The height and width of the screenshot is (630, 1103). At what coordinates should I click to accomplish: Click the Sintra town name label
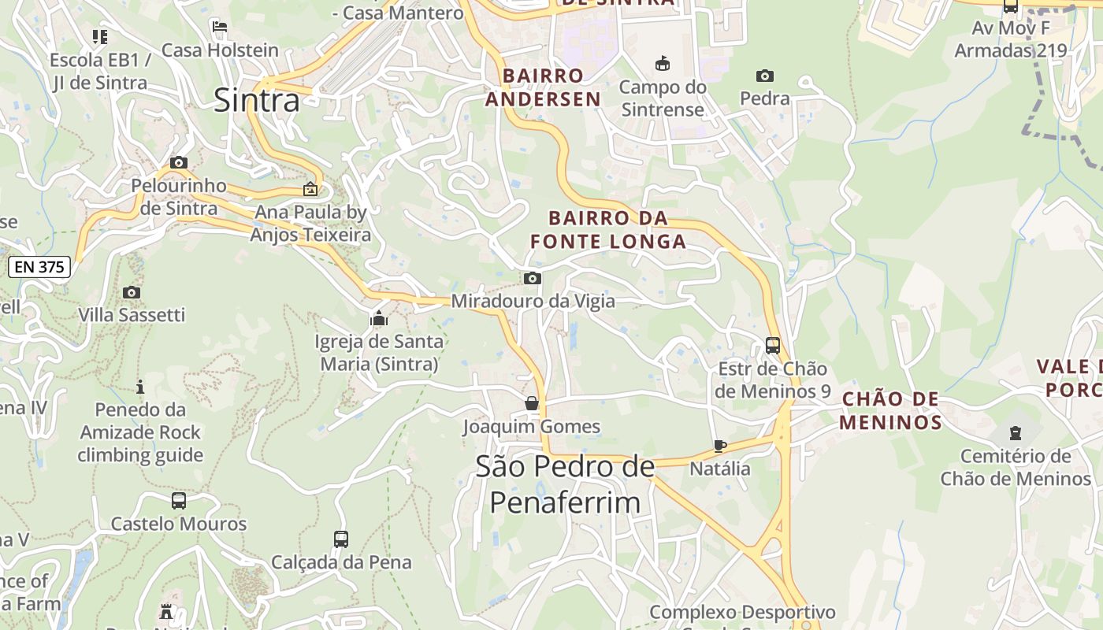pos(257,101)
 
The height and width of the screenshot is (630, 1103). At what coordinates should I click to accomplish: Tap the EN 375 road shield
pos(39,267)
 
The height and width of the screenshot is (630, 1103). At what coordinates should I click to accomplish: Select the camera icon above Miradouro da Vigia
pos(533,278)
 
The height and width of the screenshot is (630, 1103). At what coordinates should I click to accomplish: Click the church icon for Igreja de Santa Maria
pos(379,319)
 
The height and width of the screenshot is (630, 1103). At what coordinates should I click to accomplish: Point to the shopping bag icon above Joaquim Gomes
pos(532,404)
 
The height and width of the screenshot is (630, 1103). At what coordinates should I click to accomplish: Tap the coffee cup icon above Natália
pos(719,446)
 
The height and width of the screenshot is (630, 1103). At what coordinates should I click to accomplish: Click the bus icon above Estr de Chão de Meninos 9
pos(773,346)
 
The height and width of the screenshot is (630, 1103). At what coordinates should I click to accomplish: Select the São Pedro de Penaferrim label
pos(565,484)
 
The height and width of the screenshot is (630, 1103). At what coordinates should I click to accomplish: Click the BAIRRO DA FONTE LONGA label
pos(608,230)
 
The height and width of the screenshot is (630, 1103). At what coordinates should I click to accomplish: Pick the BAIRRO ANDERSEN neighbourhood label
pos(543,87)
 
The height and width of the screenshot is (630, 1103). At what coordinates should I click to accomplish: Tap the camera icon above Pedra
pos(764,76)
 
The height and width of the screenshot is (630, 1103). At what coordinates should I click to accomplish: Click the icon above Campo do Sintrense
pos(663,64)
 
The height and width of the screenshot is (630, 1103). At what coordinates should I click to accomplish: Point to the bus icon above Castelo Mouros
pos(179,501)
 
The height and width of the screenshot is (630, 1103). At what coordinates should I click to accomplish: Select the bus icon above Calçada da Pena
pos(341,539)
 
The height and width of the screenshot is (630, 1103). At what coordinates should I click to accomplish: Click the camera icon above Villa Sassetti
pos(132,293)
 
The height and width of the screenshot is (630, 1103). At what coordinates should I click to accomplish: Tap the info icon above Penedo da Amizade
pos(140,387)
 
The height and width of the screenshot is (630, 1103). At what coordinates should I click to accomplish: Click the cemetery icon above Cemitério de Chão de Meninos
pos(1015,433)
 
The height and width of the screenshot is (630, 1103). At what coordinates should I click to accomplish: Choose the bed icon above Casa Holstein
pos(220,27)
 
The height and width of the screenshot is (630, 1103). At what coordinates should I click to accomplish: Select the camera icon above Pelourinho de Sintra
pos(179,163)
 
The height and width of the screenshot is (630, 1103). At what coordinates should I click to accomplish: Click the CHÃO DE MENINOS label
pos(890,410)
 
